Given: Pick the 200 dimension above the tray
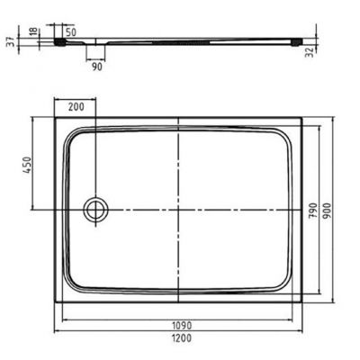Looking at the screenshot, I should [x=76, y=107].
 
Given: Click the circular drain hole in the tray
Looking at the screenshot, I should [x=94, y=211].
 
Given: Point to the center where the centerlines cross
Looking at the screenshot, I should [x=178, y=211].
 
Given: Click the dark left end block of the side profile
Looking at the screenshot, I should [x=62, y=40].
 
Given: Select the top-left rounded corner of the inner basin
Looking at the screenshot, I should [x=75, y=135].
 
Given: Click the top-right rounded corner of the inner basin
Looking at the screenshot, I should [x=291, y=135].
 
